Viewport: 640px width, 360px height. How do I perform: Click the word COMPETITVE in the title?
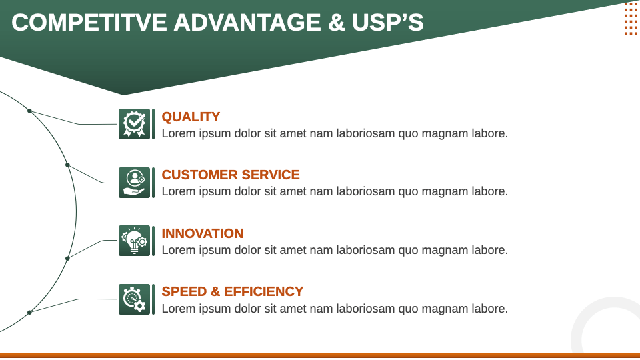point(89,22)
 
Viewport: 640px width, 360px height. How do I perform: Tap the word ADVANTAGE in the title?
point(247,22)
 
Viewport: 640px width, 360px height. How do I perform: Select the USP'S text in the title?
point(388,22)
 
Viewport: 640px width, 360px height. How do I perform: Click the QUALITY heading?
point(191,117)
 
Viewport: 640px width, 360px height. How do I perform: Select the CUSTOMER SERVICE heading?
point(231,175)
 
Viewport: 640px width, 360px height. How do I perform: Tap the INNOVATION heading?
point(203,233)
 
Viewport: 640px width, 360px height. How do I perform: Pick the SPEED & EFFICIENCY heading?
point(232,291)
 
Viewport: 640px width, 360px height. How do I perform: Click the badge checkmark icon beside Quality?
point(134,124)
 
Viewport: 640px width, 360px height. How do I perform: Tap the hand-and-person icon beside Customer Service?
point(134,183)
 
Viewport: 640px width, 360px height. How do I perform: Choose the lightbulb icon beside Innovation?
point(134,241)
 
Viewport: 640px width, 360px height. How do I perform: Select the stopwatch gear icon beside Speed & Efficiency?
point(134,299)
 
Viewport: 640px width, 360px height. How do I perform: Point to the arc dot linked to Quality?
point(29,111)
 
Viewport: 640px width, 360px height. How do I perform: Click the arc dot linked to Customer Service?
point(67,165)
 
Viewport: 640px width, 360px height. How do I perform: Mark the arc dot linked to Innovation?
point(67,259)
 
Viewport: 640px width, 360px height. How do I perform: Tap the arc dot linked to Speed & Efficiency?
point(29,313)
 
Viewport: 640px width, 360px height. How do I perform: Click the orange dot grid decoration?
point(631,19)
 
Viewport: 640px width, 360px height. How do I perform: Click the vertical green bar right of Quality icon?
point(153,124)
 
